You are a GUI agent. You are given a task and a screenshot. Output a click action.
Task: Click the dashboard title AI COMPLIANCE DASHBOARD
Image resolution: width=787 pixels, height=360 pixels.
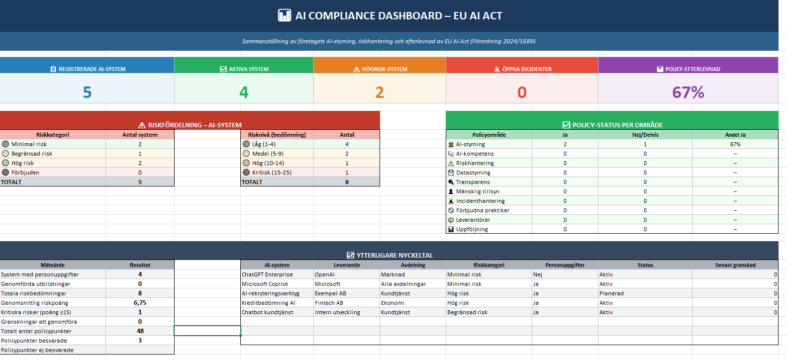[398, 16]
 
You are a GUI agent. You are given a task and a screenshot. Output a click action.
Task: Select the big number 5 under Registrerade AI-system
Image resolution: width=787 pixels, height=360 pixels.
[87, 92]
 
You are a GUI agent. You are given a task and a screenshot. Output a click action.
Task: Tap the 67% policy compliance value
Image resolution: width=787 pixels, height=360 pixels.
[688, 92]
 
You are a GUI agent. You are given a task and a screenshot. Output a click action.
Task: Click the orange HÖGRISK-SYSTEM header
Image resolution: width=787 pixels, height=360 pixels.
[380, 69]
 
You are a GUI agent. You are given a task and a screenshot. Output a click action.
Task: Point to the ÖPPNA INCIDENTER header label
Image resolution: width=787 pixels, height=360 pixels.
[526, 69]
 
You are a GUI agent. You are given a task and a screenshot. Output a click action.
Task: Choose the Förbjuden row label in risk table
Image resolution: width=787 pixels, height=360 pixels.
[25, 173]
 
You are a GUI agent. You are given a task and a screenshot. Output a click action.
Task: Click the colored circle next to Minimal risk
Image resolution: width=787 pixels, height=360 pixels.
[5, 144]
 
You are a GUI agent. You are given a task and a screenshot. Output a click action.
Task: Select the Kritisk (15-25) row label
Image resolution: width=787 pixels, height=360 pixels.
[272, 173]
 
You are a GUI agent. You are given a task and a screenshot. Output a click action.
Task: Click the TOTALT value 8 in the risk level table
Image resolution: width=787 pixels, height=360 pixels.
[347, 182]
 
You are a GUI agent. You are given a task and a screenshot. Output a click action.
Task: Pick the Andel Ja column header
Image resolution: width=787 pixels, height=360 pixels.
[735, 135]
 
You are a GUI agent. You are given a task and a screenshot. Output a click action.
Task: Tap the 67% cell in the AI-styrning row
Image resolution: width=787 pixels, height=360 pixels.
[735, 144]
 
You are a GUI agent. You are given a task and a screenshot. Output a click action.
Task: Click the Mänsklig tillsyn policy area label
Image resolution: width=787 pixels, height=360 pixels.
[478, 191]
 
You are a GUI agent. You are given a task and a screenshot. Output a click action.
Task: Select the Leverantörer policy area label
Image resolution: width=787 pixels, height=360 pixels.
[473, 220]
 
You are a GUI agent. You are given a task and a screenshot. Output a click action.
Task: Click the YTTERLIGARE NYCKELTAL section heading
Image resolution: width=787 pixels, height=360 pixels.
[394, 255]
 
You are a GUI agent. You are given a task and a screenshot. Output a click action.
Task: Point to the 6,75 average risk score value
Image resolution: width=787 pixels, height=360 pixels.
[140, 303]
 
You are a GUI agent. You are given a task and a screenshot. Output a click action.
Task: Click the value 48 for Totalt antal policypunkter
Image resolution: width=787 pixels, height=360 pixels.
[140, 331]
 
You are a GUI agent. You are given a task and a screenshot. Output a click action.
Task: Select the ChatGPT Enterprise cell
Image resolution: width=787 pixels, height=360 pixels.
[267, 274]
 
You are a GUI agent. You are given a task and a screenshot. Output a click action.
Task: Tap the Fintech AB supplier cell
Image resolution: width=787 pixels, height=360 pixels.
[329, 303]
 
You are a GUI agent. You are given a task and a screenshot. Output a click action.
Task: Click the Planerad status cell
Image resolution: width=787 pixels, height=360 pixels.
[611, 293]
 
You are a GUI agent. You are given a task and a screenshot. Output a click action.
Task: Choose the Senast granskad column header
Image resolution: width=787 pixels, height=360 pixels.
[735, 265]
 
